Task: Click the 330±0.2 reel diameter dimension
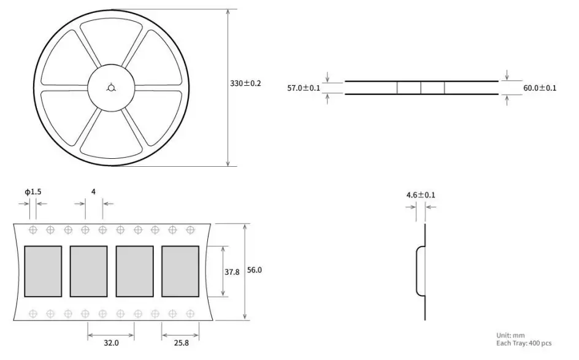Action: pos(245,83)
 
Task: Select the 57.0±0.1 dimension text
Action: pos(304,88)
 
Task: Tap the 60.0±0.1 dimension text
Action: pos(540,88)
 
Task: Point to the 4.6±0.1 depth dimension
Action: pos(421,195)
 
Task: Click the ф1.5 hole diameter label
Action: pos(33,191)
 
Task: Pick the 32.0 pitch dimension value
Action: pos(111,343)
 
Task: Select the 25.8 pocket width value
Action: pos(182,343)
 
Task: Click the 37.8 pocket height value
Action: pos(232,272)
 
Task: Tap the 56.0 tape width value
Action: pos(255,270)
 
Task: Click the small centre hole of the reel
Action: pos(111,88)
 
